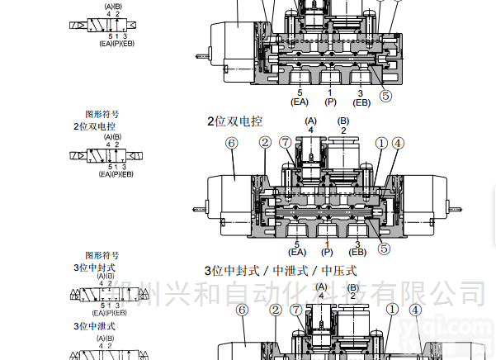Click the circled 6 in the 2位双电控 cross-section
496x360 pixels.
click(231, 143)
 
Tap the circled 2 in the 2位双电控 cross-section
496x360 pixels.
click(265, 143)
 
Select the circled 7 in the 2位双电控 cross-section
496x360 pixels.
click(286, 143)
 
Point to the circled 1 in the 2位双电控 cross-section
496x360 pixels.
click(380, 143)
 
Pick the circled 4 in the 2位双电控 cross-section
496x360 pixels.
click(398, 143)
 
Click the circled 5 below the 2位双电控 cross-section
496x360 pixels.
click(384, 246)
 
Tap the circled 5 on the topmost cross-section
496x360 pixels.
click(385, 95)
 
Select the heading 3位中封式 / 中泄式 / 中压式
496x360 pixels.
click(280, 271)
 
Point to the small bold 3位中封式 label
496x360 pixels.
click(94, 268)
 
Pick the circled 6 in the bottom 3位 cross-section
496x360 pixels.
click(241, 310)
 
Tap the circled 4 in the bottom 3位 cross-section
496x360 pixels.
click(415, 310)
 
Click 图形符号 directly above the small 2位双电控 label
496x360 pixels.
click(102, 116)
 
